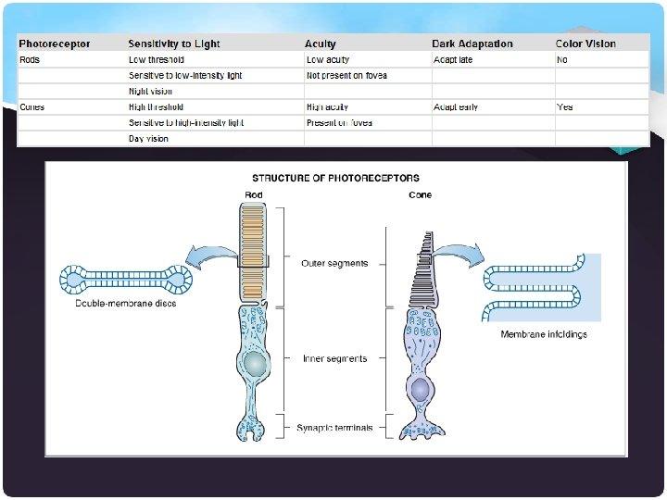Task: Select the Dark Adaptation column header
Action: [x=472, y=44]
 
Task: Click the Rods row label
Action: [x=30, y=59]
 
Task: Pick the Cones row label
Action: [x=32, y=107]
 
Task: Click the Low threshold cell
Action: [x=157, y=59]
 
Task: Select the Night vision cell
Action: [x=150, y=91]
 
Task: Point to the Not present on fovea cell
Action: [x=346, y=75]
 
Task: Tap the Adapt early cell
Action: [x=455, y=107]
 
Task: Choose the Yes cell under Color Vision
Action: [x=565, y=107]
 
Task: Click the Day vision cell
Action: [x=148, y=139]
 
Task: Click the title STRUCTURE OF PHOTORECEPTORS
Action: [x=335, y=177]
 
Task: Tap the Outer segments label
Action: [x=334, y=263]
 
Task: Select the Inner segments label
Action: [x=334, y=358]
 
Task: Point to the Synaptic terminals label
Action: [x=335, y=427]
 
